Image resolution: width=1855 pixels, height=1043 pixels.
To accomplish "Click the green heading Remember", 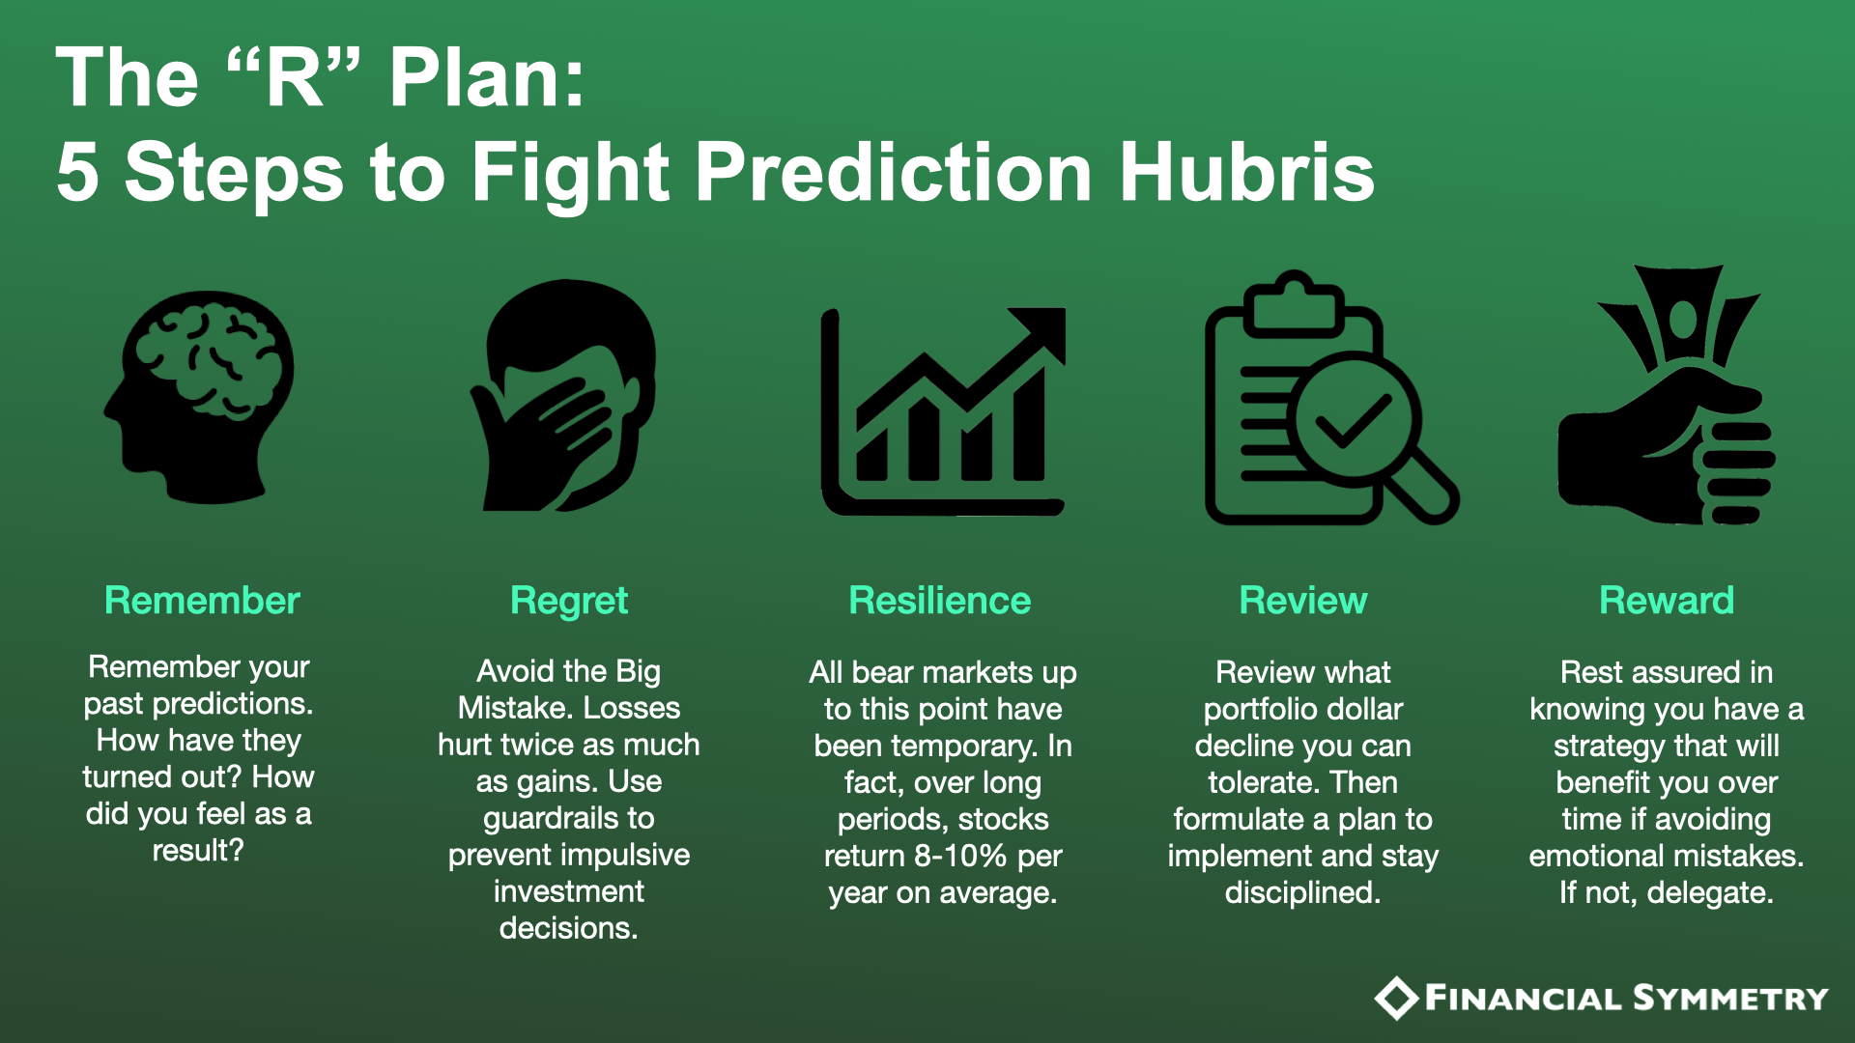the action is tap(202, 601).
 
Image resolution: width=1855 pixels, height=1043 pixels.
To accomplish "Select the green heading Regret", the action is tap(569, 602).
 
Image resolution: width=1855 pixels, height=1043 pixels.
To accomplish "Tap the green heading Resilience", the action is tap(940, 601).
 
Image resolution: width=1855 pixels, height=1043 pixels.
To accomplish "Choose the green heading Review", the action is tap(1303, 601).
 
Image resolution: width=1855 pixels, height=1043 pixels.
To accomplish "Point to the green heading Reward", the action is tap(1667, 601).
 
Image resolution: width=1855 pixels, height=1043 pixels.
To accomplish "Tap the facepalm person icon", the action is tap(563, 396).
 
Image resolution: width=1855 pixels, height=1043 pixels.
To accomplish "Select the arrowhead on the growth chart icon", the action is tap(1042, 333).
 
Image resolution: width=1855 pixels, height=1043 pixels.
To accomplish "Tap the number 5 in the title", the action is tap(77, 172).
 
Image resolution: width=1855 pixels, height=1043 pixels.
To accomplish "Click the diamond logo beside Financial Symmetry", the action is tap(1396, 999).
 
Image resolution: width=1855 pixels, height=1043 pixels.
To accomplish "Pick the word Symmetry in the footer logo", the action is tap(1730, 998).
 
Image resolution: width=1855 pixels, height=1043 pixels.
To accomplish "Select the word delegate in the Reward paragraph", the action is tap(1710, 892).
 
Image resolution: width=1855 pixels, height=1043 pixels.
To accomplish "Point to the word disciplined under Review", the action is tap(1302, 892).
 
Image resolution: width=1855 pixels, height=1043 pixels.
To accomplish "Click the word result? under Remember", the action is tap(198, 850).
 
